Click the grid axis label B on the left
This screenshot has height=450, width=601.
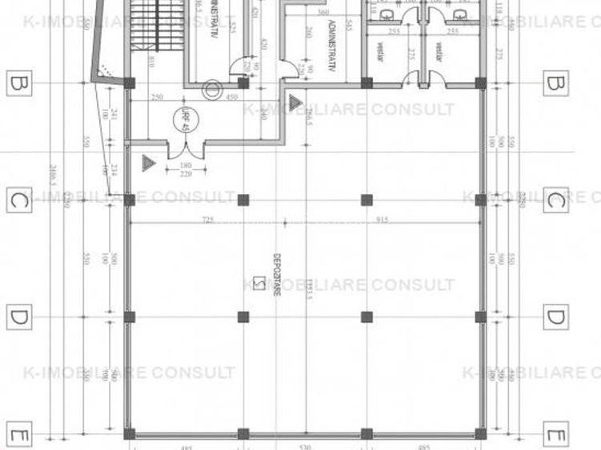18,83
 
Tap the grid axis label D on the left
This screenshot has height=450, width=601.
18,317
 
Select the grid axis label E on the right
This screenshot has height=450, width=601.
555,436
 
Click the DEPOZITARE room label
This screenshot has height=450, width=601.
275,276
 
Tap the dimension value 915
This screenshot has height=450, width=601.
382,220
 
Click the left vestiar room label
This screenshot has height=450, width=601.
374,51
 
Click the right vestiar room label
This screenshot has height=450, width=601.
439,51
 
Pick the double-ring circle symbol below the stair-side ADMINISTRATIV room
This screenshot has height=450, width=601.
211,90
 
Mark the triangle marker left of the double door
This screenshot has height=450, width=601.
147,162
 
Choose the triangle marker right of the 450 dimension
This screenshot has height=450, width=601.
294,102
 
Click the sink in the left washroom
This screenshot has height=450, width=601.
386,14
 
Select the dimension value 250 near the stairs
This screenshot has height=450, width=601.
157,98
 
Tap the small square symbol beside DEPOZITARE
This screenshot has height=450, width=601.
258,282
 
